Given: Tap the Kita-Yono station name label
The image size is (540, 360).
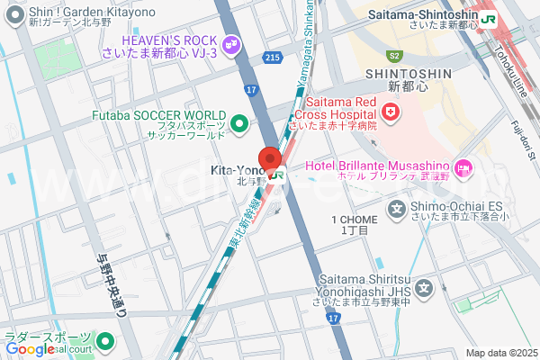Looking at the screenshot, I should click(237, 170).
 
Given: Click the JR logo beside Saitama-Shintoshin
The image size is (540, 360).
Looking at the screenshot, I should click(490, 17).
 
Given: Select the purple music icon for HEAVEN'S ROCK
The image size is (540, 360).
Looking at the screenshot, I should click(232, 42).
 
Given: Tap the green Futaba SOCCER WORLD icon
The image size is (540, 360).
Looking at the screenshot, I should click(239, 123).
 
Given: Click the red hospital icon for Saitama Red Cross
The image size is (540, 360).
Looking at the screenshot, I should click(390, 112).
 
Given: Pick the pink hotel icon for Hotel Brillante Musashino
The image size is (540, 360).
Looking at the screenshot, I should click(463, 166).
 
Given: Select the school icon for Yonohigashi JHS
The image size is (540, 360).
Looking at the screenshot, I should click(425, 289).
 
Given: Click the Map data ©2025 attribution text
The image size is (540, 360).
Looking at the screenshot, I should click(499, 353).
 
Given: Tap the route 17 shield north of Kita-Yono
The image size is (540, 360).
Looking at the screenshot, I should click(251, 89).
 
